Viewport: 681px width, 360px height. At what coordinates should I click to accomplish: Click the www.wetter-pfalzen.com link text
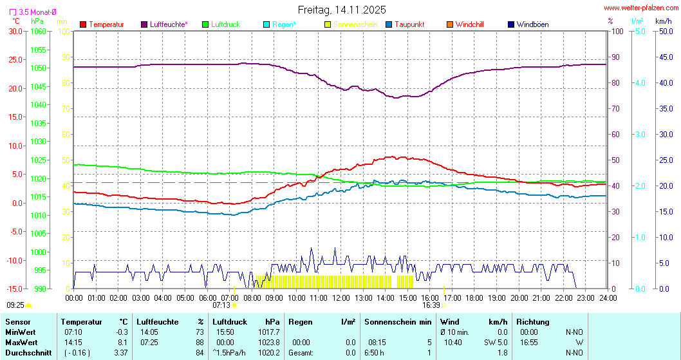pos(640,8)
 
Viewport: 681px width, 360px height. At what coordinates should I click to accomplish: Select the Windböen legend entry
pos(532,24)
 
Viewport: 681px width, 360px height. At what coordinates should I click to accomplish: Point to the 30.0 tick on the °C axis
pos(15,31)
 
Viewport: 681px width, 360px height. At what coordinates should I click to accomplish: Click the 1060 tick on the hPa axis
pos(39,31)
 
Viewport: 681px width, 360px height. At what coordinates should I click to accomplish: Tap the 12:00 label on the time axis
pos(341,298)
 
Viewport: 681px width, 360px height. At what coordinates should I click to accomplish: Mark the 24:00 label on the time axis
pos(608,298)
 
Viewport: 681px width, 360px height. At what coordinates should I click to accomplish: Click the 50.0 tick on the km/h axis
pos(664,31)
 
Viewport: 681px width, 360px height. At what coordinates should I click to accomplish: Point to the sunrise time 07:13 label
pos(221,305)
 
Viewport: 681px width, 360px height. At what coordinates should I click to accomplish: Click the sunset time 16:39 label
pos(431,305)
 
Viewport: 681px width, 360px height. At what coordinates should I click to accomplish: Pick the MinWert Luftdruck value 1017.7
pos(268,332)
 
